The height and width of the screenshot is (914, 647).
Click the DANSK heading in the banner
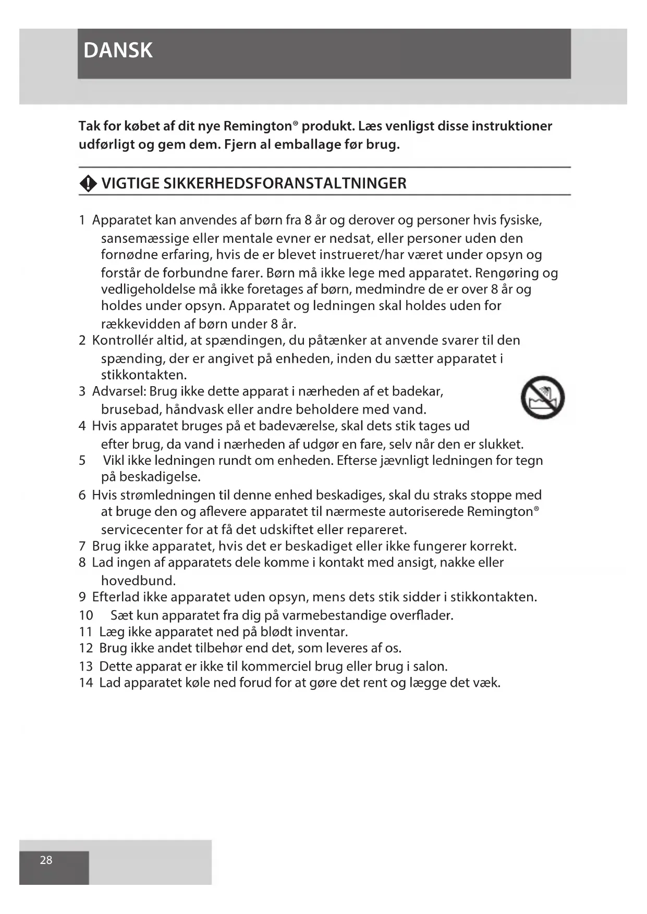[x=118, y=51]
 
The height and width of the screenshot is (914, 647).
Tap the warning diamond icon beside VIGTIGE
[x=88, y=183]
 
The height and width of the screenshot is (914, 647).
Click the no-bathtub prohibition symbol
[x=542, y=397]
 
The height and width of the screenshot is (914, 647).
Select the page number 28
[x=46, y=860]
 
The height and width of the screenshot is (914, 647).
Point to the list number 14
[x=86, y=683]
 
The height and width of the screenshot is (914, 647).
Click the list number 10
[x=86, y=615]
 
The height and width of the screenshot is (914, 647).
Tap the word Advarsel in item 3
[x=119, y=391]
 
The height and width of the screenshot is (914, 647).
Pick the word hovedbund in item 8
[x=138, y=581]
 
